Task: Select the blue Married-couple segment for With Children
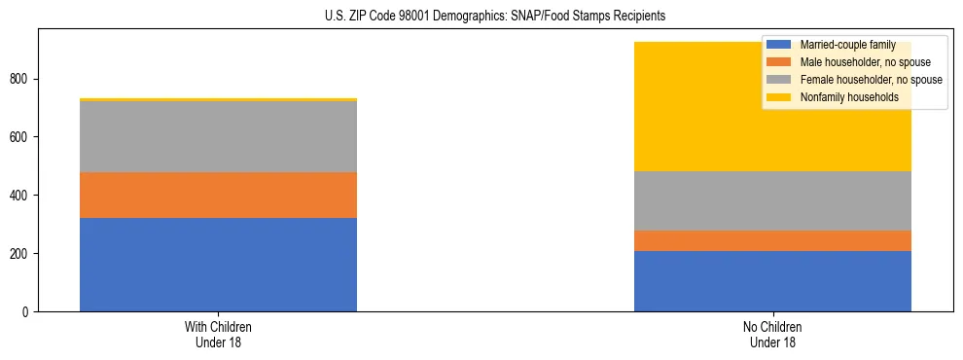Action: [x=218, y=265]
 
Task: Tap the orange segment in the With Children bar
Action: [x=218, y=195]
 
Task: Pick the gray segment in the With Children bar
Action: [x=218, y=136]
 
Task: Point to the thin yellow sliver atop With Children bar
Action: [x=218, y=99]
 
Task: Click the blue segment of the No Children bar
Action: [x=772, y=281]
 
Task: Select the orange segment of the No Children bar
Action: [x=772, y=240]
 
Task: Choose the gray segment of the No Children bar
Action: [x=772, y=200]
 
